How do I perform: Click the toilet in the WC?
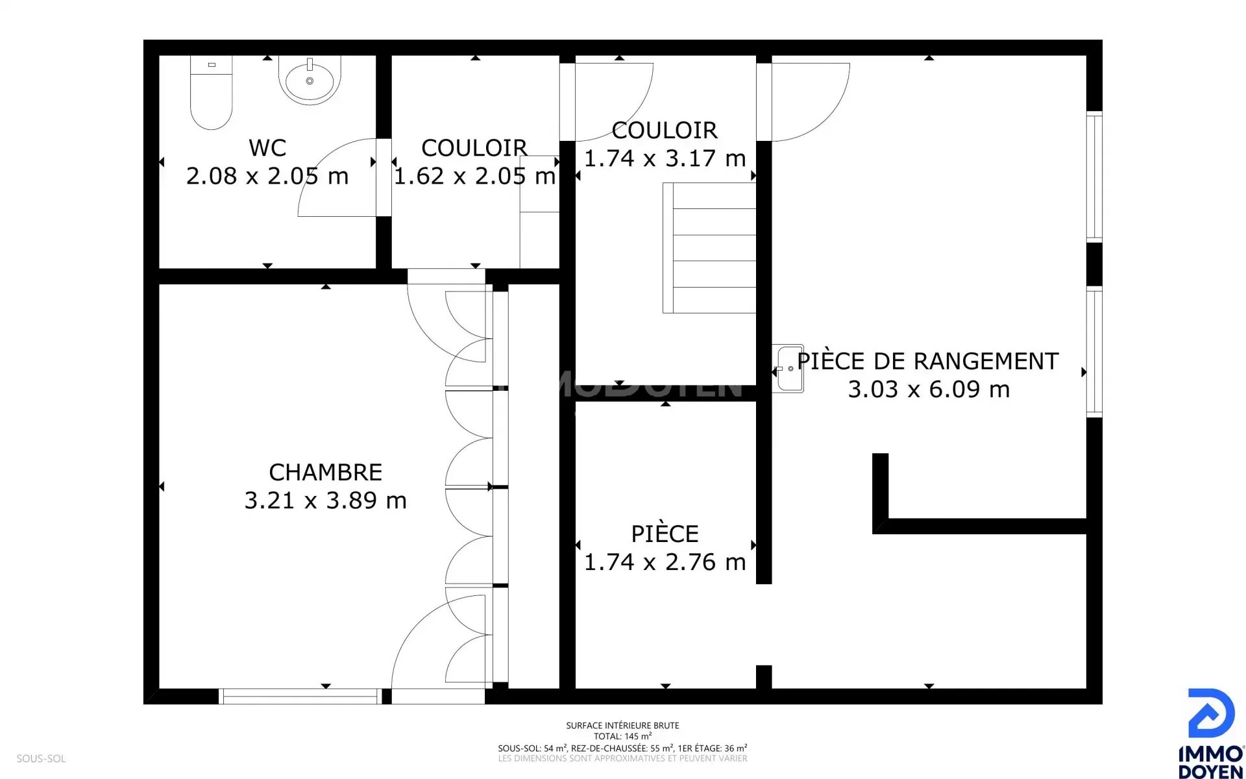(x=211, y=92)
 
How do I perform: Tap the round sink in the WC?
(x=310, y=80)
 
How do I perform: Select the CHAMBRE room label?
(x=325, y=472)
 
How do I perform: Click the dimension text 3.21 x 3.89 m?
(x=325, y=500)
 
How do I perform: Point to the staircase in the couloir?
(x=709, y=248)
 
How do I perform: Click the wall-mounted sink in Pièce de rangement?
(x=788, y=369)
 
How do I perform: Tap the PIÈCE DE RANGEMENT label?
(x=928, y=361)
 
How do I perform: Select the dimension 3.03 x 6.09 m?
(x=929, y=389)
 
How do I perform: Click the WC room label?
(x=267, y=147)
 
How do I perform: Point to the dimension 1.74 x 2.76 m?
(x=665, y=562)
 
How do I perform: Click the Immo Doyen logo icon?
(x=1211, y=713)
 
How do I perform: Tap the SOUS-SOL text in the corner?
(x=41, y=758)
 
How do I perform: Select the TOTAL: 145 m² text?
(x=622, y=736)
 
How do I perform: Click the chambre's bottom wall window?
(x=300, y=696)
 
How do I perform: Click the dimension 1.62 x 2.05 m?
(x=474, y=175)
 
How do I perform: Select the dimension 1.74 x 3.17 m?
(x=665, y=158)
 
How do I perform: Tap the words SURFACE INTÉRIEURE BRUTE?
(x=622, y=725)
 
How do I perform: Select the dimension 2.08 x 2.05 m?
(x=267, y=175)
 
